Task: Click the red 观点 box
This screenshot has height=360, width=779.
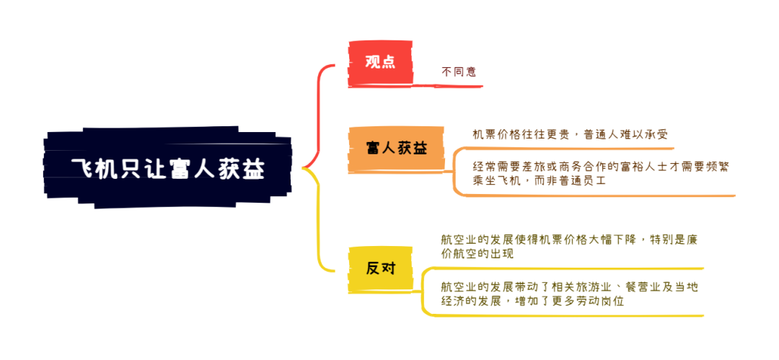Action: pos(380,63)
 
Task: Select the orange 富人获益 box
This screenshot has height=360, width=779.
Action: pos(395,149)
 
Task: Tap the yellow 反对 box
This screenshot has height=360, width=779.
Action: pos(380,269)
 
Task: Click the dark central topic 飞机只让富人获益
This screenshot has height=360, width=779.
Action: pos(168,168)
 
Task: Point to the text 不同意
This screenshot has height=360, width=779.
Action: pos(459,71)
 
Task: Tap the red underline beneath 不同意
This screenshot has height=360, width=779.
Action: pos(457,86)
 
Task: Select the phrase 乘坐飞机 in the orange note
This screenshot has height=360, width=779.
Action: pos(495,181)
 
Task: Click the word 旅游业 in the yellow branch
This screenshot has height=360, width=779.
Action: pos(590,287)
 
